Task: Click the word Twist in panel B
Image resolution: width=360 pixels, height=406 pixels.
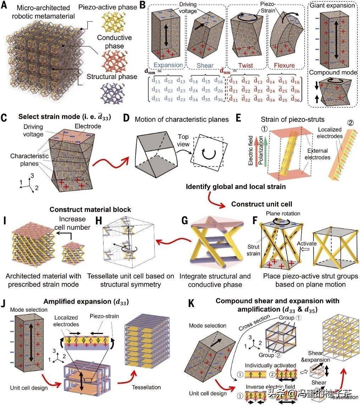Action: point(244,66)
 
